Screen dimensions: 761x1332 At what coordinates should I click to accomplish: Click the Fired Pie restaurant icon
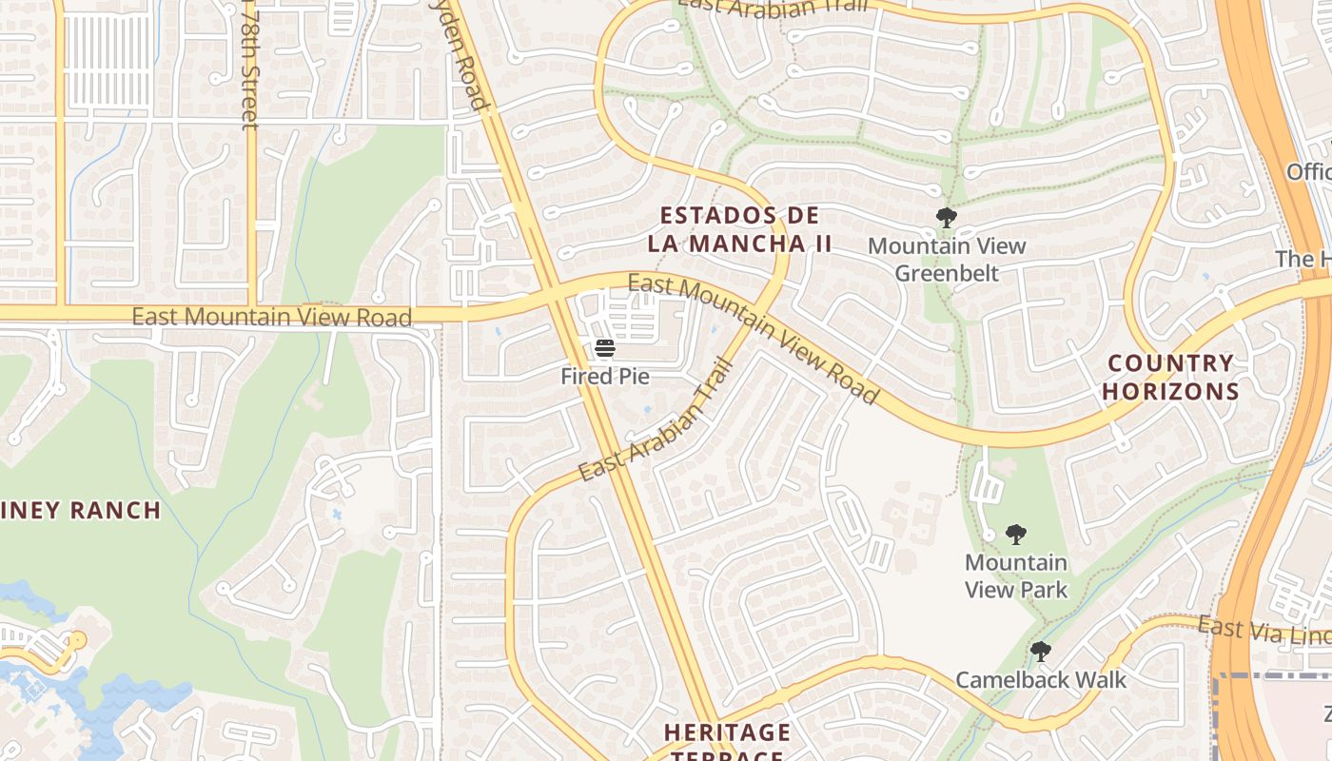[605, 348]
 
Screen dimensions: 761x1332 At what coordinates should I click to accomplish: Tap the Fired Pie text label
[605, 376]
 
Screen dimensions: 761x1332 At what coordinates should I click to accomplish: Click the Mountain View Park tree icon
[1016, 535]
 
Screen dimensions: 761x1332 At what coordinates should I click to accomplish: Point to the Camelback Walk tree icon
[1041, 653]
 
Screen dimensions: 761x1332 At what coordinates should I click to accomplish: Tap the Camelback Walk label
[1041, 680]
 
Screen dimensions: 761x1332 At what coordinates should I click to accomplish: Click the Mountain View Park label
[1016, 576]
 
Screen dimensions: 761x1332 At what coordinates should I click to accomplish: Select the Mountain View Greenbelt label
[947, 260]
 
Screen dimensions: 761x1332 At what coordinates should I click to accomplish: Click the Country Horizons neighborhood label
[1170, 377]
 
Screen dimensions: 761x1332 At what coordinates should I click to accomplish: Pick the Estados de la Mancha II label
[739, 229]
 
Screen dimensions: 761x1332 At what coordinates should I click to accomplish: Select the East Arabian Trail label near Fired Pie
[656, 420]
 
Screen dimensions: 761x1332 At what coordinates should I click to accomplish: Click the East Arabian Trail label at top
[774, 8]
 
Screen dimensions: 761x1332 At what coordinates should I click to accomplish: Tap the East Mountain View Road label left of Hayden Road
[271, 317]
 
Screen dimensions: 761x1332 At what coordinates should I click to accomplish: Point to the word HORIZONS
[1170, 391]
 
